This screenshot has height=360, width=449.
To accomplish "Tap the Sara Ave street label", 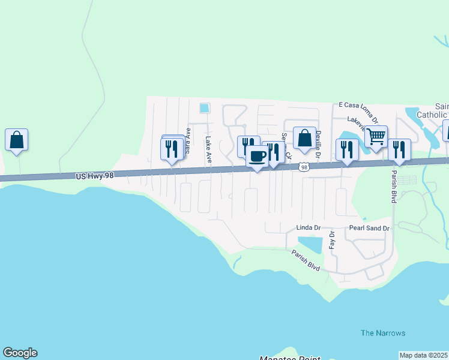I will pos(188,141).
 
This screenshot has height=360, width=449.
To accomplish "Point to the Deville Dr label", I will pos(319,145).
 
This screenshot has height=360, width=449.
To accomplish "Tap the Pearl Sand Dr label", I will pos(370,229).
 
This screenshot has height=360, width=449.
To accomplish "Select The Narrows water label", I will pos(383,333).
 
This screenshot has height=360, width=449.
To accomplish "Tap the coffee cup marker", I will pos(258,157).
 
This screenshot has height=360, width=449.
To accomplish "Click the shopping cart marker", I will pos(376,136).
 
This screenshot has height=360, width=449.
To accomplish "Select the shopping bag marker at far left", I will pos(17,140).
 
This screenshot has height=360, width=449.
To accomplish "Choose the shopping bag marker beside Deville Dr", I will pos(304,138).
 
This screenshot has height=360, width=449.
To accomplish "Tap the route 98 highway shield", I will pos(305,167).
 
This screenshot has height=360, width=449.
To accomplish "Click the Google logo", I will pos(20,353).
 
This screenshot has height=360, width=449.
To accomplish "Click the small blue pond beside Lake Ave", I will pos(205,109).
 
